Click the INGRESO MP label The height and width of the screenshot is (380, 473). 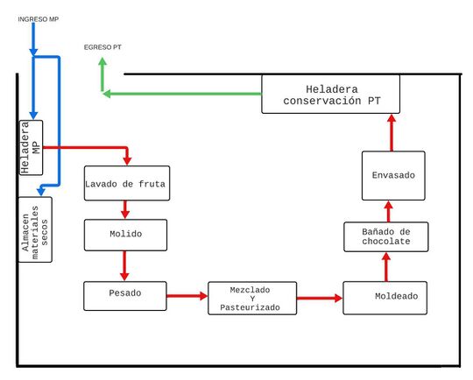point(38,19)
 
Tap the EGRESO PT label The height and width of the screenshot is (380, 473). point(102,47)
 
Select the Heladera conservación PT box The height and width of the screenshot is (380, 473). point(330,94)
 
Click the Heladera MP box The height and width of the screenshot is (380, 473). point(31,147)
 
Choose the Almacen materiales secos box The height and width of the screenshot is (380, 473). point(35,229)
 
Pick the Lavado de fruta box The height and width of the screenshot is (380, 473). point(127,183)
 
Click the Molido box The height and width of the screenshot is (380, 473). point(125,235)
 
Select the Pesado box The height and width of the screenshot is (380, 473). point(125,296)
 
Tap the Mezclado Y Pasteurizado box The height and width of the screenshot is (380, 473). point(252,299)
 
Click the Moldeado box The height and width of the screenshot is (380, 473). point(385,298)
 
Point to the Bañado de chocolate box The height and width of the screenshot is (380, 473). point(385,236)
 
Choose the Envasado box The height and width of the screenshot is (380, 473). point(393,175)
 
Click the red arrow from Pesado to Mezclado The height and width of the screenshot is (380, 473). point(187,296)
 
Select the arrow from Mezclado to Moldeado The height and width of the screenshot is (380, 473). point(320,299)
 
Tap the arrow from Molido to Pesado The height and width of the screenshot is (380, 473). point(124,266)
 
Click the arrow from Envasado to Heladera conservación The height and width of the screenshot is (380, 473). point(392,132)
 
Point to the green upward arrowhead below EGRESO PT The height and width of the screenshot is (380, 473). point(102,61)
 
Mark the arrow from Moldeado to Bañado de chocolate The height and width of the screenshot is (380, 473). point(386,266)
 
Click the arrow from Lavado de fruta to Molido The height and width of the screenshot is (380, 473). point(125,210)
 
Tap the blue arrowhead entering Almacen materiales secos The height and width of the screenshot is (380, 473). point(41,191)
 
